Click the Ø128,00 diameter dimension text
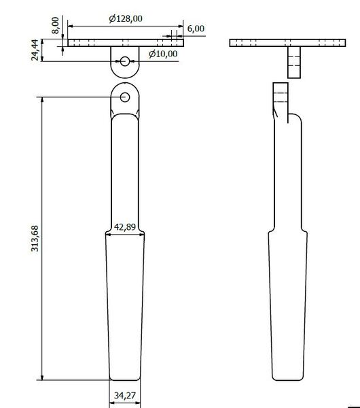click(x=127, y=20)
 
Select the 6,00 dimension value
click(x=194, y=29)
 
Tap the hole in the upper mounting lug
click(x=126, y=61)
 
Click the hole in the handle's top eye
click(x=126, y=97)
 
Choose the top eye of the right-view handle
click(x=281, y=95)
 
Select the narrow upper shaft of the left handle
click(x=125, y=170)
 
